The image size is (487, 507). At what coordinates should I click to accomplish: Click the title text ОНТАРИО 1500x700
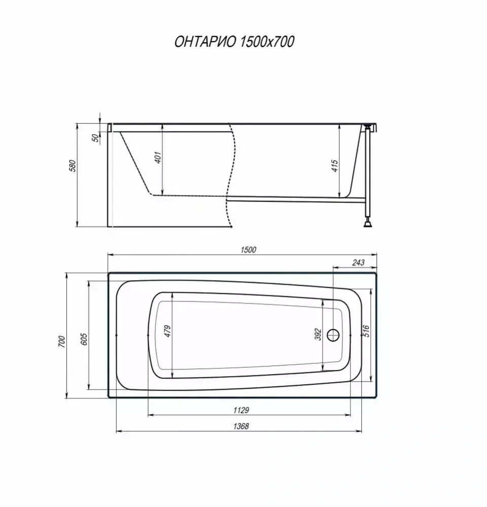pos(234,42)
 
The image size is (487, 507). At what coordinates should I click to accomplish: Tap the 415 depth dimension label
pos(334,166)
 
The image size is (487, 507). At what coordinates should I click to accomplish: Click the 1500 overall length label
pos(248,249)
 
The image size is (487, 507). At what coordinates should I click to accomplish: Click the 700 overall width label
pos(61,341)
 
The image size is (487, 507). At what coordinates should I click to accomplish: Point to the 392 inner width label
pos(319,334)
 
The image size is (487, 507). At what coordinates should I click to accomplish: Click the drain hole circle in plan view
pos(333,335)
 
